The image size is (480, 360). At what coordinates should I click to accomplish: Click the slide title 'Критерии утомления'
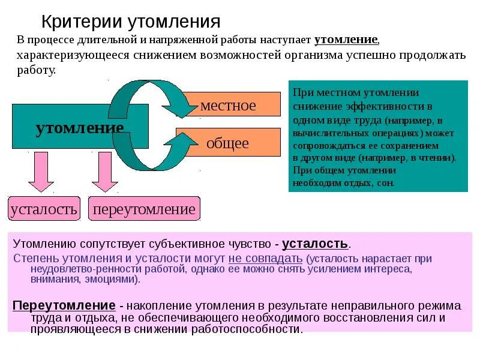click(x=131, y=22)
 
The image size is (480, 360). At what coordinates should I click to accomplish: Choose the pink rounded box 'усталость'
click(x=43, y=209)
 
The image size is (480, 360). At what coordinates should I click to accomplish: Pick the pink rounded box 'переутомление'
click(x=144, y=209)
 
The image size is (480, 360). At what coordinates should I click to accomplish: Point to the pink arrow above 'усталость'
click(x=41, y=172)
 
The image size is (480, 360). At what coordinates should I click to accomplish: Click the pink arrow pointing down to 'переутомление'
click(x=104, y=172)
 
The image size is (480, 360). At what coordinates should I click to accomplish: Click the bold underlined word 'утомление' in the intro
click(x=346, y=40)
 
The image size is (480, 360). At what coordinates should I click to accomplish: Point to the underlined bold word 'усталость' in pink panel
click(x=315, y=244)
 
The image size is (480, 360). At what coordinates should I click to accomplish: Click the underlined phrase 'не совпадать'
click(x=265, y=259)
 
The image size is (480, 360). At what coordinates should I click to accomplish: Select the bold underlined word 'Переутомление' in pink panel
click(x=64, y=305)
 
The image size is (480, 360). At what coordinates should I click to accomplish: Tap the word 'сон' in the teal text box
click(x=386, y=183)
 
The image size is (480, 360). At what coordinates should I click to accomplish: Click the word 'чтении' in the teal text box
click(x=440, y=158)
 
